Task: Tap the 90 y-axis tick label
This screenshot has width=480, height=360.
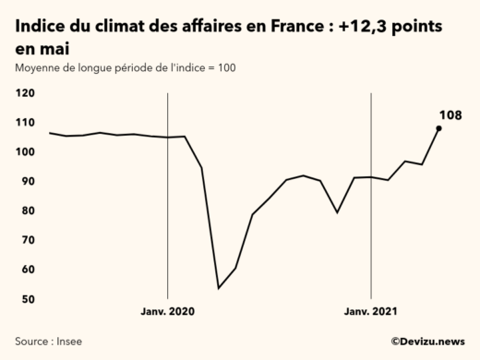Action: tap(26, 182)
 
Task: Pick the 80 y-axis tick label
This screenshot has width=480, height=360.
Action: tap(26, 211)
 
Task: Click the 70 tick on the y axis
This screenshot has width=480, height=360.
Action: tap(26, 241)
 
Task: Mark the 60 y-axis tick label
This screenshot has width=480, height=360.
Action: tap(26, 270)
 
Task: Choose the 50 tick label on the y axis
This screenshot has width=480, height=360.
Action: tap(26, 300)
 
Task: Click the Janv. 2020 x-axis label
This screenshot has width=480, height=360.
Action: tap(167, 312)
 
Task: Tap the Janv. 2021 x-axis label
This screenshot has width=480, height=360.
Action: tap(370, 312)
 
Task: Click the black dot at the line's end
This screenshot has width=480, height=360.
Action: tap(438, 128)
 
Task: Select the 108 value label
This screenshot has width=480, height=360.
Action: tap(449, 114)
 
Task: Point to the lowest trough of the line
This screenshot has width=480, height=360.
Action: tap(219, 288)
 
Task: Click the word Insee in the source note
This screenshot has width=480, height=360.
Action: tap(69, 342)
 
